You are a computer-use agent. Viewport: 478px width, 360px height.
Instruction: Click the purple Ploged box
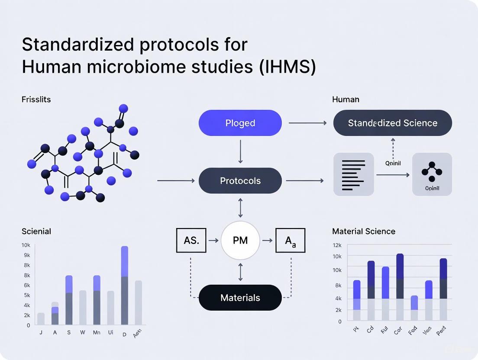(x=240, y=123)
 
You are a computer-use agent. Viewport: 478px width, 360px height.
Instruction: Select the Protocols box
(x=240, y=180)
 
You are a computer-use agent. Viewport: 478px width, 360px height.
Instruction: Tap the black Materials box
(x=240, y=298)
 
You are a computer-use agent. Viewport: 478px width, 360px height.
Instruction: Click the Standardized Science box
(x=392, y=123)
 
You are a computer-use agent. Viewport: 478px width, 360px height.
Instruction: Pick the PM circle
(x=240, y=241)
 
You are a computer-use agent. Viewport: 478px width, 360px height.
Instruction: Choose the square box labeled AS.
(x=191, y=241)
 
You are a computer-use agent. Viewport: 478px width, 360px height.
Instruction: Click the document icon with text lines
(x=353, y=174)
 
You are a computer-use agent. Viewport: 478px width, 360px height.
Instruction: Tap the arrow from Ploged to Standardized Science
(x=307, y=123)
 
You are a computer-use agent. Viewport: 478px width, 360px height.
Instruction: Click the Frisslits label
(x=36, y=100)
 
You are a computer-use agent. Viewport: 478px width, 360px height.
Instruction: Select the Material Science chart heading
(x=363, y=231)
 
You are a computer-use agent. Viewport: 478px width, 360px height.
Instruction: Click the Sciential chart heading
(x=36, y=231)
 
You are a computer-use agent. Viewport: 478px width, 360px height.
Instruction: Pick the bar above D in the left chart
(x=125, y=286)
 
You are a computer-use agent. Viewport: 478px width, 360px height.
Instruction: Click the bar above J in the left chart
(x=41, y=319)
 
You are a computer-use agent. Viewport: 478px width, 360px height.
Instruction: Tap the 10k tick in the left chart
(x=26, y=245)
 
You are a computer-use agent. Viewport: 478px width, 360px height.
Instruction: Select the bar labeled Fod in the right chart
(x=414, y=308)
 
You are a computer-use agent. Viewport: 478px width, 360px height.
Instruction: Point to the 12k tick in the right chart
(x=337, y=245)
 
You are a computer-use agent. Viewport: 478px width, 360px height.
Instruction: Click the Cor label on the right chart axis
(x=398, y=331)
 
